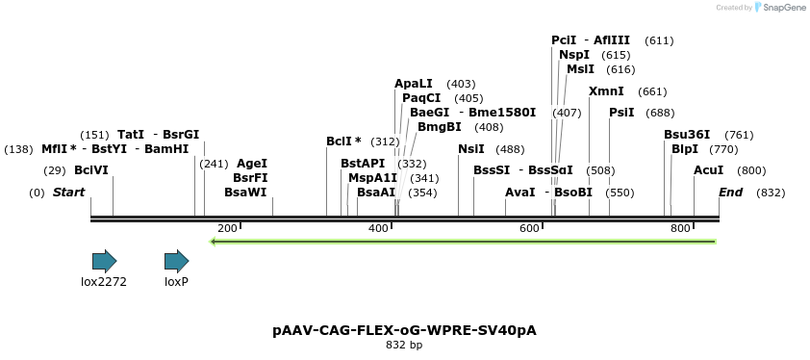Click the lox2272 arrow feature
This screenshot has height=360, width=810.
[104, 261]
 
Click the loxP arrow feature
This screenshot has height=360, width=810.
[176, 261]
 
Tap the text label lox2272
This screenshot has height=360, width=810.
[104, 282]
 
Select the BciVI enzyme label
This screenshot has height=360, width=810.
[91, 170]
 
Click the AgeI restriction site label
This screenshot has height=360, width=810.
[252, 164]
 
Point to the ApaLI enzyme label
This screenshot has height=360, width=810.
[414, 84]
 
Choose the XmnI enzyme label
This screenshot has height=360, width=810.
[606, 91]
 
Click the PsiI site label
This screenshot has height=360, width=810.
[621, 113]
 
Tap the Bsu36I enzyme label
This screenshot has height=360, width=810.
[687, 135]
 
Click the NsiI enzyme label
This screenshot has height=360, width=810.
[471, 149]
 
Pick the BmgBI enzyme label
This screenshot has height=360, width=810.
[440, 127]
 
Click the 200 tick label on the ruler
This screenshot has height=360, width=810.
[227, 228]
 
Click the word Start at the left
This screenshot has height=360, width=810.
[68, 193]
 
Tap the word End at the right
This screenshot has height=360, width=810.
[731, 193]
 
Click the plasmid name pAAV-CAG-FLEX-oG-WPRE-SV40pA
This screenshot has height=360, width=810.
[404, 330]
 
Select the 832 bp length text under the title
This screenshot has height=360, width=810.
[404, 345]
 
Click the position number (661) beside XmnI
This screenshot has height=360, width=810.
[652, 91]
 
